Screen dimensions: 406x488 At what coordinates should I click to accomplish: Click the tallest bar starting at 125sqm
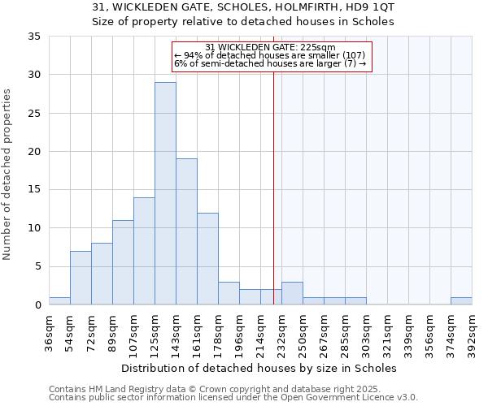click(165, 193)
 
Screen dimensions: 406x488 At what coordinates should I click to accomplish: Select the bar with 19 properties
click(186, 231)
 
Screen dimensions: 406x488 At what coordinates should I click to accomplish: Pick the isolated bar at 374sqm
click(461, 300)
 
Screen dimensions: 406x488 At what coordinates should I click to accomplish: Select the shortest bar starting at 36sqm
click(59, 300)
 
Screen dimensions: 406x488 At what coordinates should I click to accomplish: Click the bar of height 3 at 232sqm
click(292, 293)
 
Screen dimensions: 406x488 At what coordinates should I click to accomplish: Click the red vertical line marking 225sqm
click(273, 179)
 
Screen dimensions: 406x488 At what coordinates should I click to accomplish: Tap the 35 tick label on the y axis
click(34, 37)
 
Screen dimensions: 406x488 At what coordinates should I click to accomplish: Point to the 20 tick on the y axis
click(34, 152)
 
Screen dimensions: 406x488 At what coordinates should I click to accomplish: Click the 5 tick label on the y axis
click(37, 266)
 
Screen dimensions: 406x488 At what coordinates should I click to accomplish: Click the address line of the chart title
click(243, 7)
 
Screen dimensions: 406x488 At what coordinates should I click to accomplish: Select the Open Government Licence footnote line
click(233, 398)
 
